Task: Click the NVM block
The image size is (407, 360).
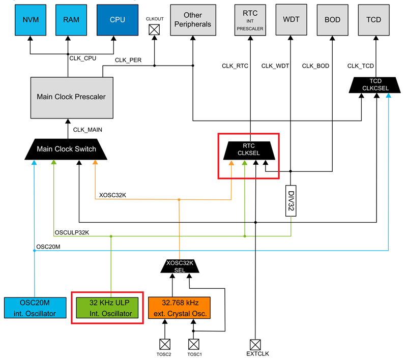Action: click(x=30, y=20)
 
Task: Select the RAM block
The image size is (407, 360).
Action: click(x=71, y=20)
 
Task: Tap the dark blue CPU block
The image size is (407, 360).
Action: click(x=118, y=20)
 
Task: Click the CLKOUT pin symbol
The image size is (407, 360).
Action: click(x=154, y=30)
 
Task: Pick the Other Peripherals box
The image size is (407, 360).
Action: click(x=193, y=20)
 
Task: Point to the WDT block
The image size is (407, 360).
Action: click(x=290, y=20)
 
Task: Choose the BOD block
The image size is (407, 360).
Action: click(x=332, y=20)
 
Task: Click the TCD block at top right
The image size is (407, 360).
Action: click(x=376, y=20)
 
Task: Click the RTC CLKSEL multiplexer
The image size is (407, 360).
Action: click(x=248, y=149)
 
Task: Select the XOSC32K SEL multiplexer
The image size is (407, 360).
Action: click(x=179, y=265)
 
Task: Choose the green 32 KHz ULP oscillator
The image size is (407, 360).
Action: click(x=107, y=307)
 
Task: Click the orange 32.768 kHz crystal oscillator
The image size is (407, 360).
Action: click(x=179, y=307)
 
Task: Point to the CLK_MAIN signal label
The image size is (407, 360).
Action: click(x=87, y=130)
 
